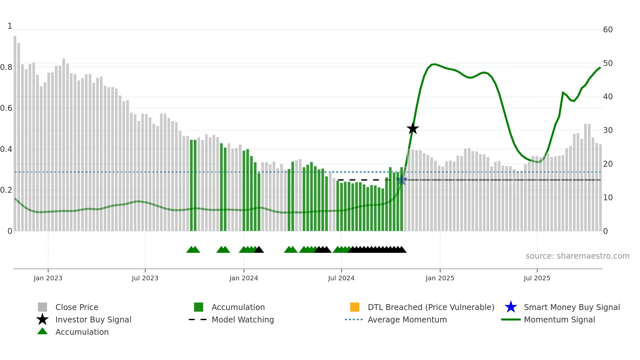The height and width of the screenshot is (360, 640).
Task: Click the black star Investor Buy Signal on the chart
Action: click(413, 129)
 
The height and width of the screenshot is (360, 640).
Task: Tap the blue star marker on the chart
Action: click(402, 180)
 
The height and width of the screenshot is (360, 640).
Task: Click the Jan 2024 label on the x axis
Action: click(244, 278)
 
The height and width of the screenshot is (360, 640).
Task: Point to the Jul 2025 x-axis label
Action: click(537, 278)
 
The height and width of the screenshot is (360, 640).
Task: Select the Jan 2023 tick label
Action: click(48, 278)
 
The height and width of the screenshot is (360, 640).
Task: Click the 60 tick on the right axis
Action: click(608, 30)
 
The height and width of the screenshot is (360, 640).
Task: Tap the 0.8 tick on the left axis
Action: click(7, 67)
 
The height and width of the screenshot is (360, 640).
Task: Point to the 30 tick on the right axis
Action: click(608, 130)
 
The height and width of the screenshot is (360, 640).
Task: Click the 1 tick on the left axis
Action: click(10, 26)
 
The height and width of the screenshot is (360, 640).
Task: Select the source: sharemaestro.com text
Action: click(577, 256)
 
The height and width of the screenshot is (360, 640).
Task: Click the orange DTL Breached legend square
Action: click(355, 307)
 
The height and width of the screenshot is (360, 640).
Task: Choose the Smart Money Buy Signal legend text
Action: click(571, 307)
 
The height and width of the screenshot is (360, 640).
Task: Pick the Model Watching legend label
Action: click(243, 319)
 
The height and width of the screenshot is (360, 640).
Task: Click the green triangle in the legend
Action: click(42, 331)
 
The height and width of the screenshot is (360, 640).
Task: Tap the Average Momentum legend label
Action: click(407, 319)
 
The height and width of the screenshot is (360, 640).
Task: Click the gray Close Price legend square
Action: click(42, 307)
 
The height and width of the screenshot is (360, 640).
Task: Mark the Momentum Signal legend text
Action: click(559, 319)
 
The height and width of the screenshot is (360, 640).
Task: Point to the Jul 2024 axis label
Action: click(341, 278)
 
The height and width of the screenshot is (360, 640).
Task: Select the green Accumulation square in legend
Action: click(199, 307)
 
